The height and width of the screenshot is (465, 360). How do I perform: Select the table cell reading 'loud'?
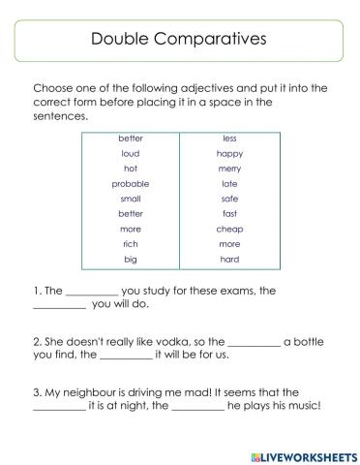[x=131, y=154]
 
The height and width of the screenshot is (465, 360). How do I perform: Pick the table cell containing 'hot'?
[x=131, y=169]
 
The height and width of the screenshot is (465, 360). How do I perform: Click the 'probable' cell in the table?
[x=131, y=183]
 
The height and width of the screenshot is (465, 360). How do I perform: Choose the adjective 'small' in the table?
[x=131, y=199]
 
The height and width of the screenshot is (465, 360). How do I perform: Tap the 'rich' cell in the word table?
[x=131, y=244]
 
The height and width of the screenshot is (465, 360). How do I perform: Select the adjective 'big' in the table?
[x=131, y=260]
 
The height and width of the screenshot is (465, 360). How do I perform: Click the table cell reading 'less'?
[x=229, y=139]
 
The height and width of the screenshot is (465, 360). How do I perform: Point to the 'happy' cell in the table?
[x=229, y=154]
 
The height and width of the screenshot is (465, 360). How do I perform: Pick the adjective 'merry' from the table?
[x=229, y=169]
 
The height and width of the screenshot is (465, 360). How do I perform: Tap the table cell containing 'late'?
[x=229, y=183]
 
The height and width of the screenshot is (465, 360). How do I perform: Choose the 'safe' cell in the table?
[x=229, y=199]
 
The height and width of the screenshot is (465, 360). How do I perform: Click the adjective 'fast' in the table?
[x=229, y=214]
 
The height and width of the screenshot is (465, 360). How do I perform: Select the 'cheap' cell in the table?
[x=229, y=230]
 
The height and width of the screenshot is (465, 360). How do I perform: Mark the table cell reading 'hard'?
[x=229, y=260]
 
